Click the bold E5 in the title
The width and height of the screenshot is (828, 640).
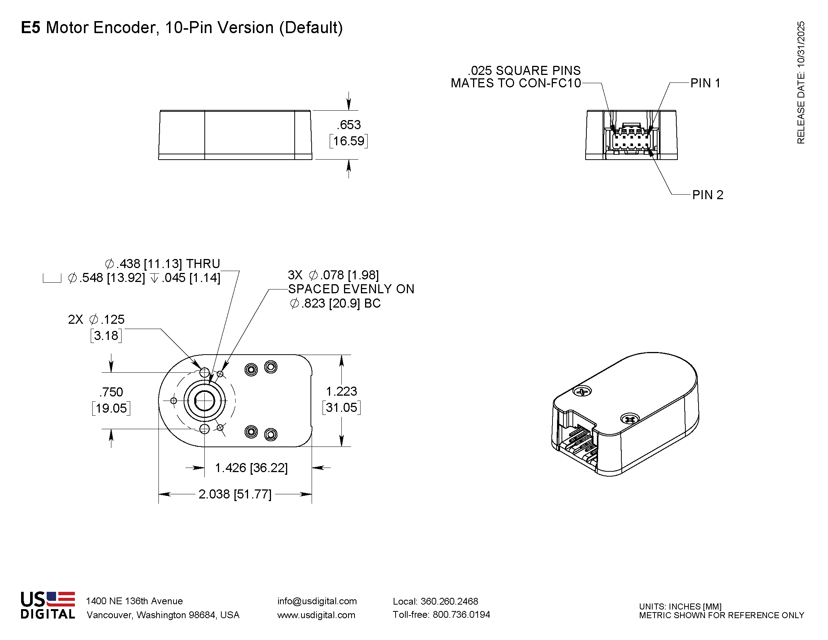(x=30, y=28)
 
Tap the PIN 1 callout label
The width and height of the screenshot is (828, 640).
(x=705, y=83)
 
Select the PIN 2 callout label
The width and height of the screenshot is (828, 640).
(x=708, y=195)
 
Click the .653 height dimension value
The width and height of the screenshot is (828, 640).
(x=349, y=125)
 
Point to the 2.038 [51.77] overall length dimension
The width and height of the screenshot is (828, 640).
(x=235, y=494)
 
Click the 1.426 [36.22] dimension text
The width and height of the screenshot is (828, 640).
(x=251, y=468)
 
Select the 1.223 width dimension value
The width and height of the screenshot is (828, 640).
(x=341, y=391)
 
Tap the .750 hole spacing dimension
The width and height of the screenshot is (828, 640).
(x=111, y=392)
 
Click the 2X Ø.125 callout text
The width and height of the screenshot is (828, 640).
(x=96, y=320)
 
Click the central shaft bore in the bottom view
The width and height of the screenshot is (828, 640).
(x=204, y=401)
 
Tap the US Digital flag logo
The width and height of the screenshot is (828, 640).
(x=61, y=599)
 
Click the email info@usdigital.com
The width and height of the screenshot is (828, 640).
(x=317, y=601)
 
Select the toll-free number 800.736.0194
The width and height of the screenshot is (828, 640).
(x=461, y=615)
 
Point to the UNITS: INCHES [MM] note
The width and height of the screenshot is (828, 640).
(x=680, y=606)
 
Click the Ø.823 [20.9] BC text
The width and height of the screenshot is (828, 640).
(x=335, y=303)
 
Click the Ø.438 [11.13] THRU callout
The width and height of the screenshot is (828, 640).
(x=162, y=264)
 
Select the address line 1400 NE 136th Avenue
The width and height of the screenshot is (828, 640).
(x=134, y=601)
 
